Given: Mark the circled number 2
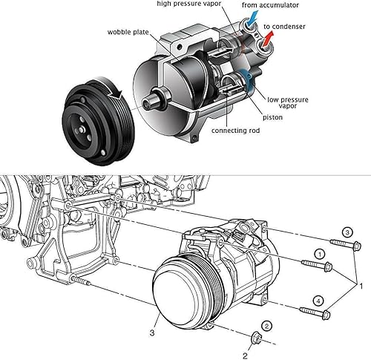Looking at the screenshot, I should coord(266,325).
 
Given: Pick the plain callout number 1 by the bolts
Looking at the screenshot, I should coord(361,286).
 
